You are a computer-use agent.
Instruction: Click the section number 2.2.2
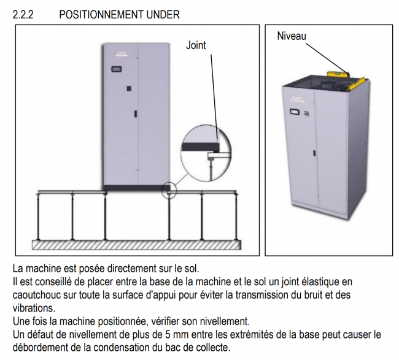[22, 14]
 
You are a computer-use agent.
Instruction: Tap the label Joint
[196, 45]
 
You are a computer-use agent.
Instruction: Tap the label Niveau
[291, 36]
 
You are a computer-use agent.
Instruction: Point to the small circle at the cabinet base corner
[169, 190]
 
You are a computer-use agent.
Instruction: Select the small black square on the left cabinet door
[128, 89]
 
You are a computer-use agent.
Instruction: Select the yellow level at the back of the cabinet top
[338, 72]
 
